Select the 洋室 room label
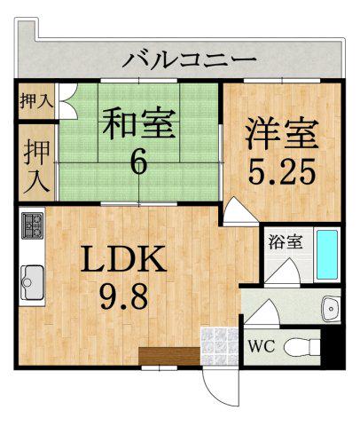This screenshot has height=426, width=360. pos(281,136)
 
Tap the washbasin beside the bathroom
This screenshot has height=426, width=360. pos(331,307)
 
